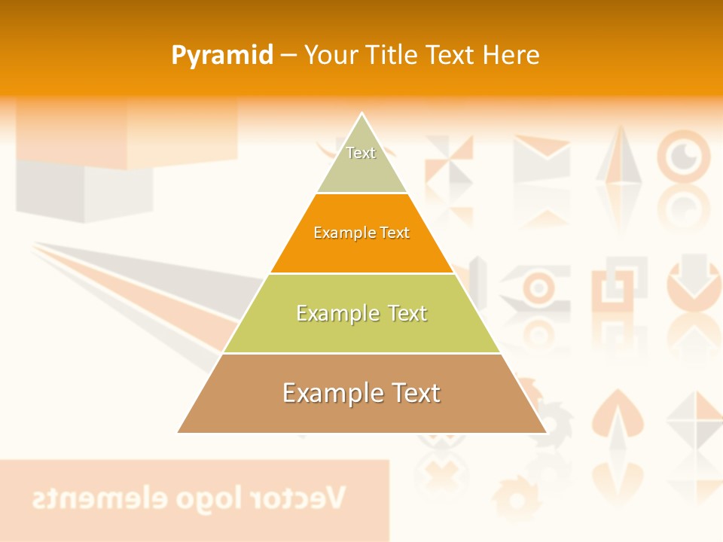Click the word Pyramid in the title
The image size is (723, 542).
tap(222, 55)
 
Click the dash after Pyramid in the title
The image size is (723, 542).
tap(288, 56)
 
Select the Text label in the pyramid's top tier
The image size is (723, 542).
tap(361, 153)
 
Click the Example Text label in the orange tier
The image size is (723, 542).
tap(361, 233)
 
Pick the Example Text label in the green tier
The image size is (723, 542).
tap(361, 313)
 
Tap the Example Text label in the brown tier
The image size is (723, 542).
tap(361, 393)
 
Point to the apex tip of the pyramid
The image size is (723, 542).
tap(362, 114)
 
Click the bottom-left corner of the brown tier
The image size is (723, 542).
tap(178, 432)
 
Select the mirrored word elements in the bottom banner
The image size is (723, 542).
tap(84, 498)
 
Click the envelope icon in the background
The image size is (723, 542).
tap(541, 157)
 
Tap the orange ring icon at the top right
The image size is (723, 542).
tap(684, 157)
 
